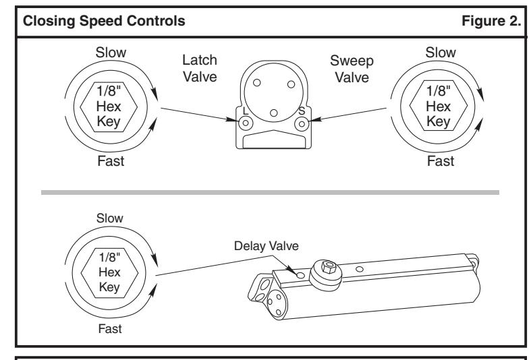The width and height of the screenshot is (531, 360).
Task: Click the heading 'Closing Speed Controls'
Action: (x=104, y=22)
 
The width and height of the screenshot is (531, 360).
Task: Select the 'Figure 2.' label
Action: (x=491, y=22)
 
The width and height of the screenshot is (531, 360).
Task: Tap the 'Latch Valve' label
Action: (x=200, y=68)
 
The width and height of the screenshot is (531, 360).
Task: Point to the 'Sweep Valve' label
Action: (x=352, y=69)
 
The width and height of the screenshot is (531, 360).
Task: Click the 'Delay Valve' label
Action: (x=267, y=246)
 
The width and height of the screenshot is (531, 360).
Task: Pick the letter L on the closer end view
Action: (x=246, y=111)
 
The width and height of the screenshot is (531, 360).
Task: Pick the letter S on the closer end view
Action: (x=302, y=111)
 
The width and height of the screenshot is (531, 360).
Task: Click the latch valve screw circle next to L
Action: (x=246, y=123)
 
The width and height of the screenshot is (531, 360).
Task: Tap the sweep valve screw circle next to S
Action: (x=302, y=124)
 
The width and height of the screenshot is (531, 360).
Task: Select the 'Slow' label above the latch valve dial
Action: (x=111, y=53)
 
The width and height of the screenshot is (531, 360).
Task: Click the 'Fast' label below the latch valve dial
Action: (x=111, y=161)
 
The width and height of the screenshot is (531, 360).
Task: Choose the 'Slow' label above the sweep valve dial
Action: (x=441, y=53)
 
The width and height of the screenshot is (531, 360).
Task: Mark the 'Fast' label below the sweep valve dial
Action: (x=441, y=161)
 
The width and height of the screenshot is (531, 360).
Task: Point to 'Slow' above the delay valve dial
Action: (x=110, y=218)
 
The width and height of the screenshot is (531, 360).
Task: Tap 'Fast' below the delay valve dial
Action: (x=110, y=329)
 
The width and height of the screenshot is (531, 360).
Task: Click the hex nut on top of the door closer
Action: (x=328, y=267)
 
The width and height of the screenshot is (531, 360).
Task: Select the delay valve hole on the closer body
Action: (x=300, y=275)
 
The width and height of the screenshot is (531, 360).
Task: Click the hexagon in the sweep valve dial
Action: (x=439, y=106)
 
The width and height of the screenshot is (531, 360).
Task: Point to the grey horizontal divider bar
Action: (x=271, y=193)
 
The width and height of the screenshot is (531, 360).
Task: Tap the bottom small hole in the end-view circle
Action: (x=274, y=113)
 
